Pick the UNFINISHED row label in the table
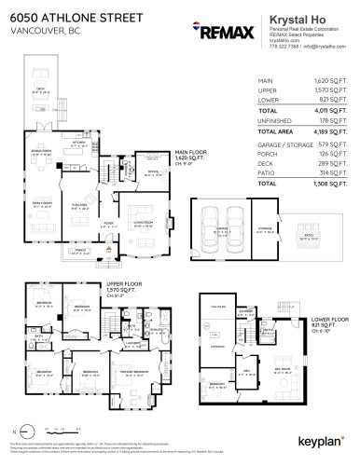pyautogui.click(x=273, y=122)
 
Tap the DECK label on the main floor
pyautogui.click(x=41, y=89)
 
